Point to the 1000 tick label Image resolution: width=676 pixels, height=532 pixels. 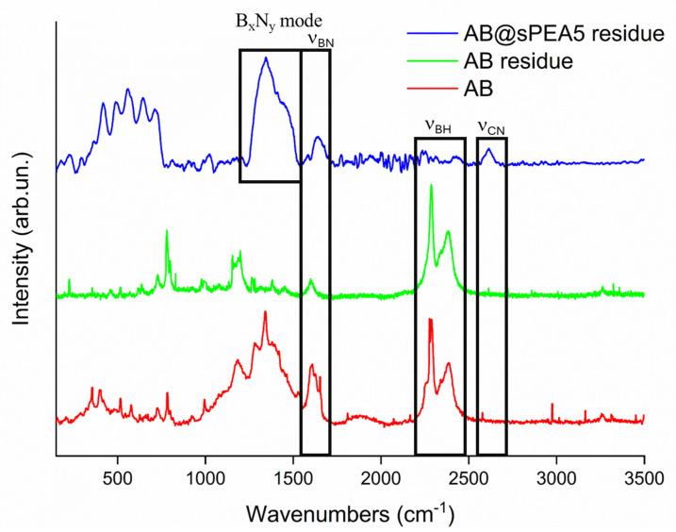click(206, 477)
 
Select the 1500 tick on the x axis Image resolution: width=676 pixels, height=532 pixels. click(293, 477)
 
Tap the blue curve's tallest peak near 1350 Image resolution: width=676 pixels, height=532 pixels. click(266, 58)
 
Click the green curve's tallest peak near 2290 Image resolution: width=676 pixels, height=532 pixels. click(431, 186)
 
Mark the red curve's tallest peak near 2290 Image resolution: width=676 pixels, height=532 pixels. click(430, 320)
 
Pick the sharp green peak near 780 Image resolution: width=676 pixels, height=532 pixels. click(167, 230)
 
